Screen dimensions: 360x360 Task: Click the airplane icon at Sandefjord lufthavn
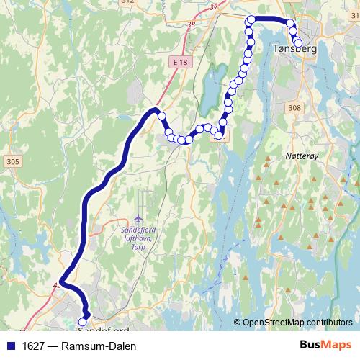pos(138,217)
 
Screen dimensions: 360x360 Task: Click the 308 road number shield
pos(315,108)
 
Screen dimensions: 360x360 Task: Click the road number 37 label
pos(213,6)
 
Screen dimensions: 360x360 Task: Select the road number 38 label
pos(190,24)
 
